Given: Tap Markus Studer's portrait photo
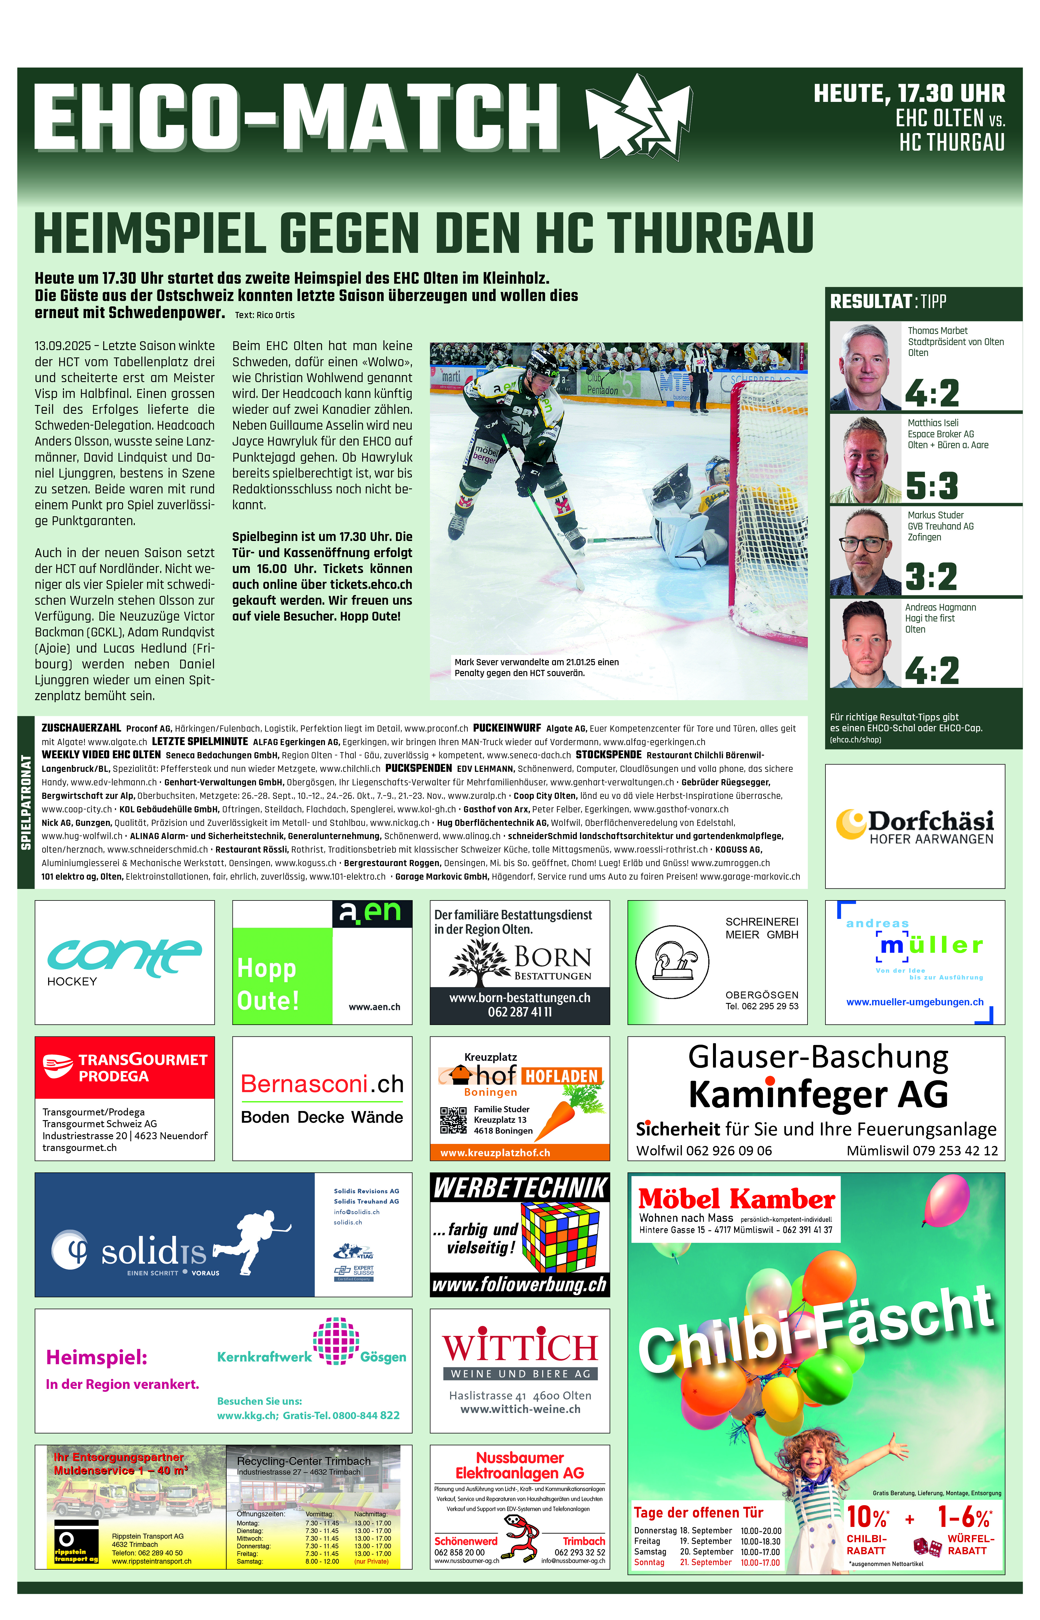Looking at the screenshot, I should pyautogui.click(x=865, y=552).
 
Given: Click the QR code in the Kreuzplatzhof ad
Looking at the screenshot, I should pyautogui.click(x=453, y=1120).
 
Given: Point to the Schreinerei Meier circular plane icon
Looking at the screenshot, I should pyautogui.click(x=672, y=962).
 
